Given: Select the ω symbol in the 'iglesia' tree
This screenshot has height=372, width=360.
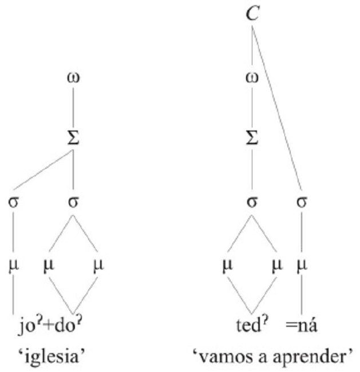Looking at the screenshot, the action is [73, 77].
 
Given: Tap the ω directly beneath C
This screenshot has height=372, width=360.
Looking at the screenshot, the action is [252, 77].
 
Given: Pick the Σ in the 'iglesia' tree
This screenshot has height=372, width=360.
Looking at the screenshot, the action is [73, 140].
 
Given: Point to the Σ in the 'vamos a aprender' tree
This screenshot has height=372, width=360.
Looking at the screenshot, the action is [252, 140].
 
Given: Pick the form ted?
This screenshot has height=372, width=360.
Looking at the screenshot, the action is [251, 327].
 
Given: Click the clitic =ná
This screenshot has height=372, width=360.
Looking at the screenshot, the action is [303, 327].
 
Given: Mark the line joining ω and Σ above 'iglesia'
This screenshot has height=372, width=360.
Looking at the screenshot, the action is [73, 109].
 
